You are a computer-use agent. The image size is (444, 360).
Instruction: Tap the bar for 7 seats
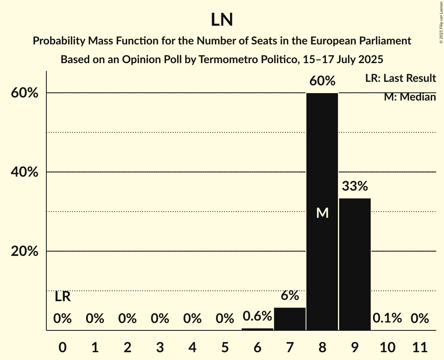click(290, 319)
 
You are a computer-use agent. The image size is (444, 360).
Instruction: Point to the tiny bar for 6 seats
click(257, 329)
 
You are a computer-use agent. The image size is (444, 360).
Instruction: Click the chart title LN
click(222, 20)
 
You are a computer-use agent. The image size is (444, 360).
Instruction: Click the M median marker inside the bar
click(322, 213)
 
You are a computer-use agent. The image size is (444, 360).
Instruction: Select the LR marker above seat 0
click(62, 297)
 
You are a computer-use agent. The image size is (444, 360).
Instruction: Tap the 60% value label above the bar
click(322, 81)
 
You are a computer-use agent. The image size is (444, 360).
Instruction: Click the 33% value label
click(355, 186)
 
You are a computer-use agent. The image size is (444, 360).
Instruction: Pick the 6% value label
click(290, 296)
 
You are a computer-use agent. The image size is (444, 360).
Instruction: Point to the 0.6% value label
click(257, 316)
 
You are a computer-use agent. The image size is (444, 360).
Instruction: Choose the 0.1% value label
click(387, 318)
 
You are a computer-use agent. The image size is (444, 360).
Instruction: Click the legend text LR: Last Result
click(400, 78)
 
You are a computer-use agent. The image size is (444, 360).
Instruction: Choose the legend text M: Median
click(410, 97)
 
